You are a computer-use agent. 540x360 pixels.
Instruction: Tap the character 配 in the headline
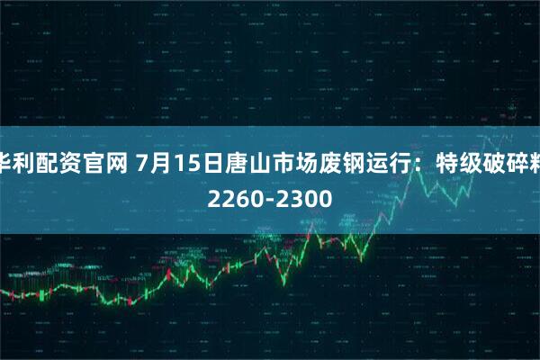click(x=49, y=163)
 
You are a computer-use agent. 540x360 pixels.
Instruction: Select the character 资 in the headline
click(x=72, y=163)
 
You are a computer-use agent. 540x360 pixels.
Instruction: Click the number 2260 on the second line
click(x=233, y=195)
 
